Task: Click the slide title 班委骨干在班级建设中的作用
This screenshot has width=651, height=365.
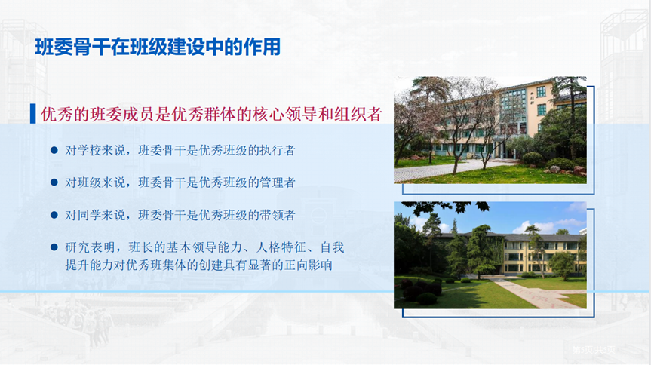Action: tap(157, 47)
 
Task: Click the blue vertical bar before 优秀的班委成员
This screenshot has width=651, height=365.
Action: tap(32, 115)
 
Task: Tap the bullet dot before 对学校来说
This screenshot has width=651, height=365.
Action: tap(54, 150)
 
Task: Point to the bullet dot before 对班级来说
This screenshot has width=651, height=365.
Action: tap(54, 182)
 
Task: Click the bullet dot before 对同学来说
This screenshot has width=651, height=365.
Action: tap(54, 215)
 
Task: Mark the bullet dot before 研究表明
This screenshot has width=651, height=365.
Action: tap(54, 247)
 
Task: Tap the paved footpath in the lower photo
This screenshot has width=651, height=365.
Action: tap(532, 292)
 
